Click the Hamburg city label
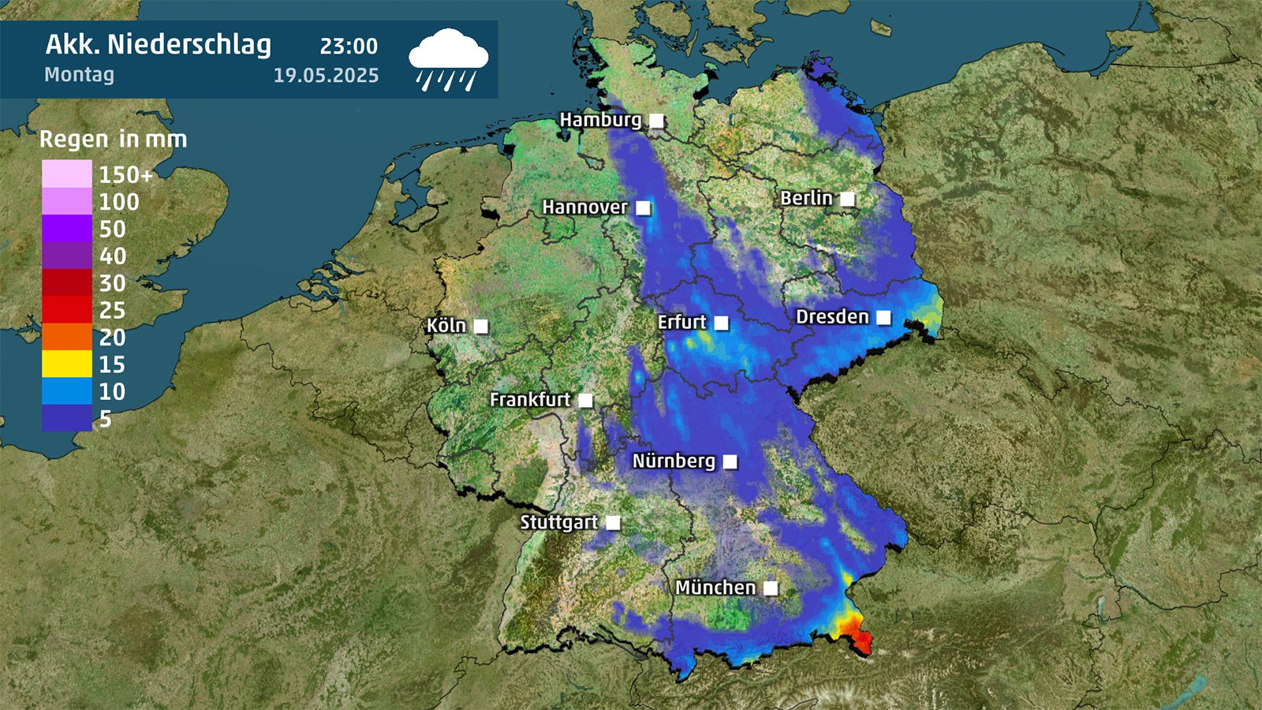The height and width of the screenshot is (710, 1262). coord(600,120)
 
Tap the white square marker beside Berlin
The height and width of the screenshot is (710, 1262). coord(847,199)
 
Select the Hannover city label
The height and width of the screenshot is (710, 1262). coord(584,207)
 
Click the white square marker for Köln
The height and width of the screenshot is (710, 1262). coord(480,327)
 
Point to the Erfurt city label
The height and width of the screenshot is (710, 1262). coord(681,322)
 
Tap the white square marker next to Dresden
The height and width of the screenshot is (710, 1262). coord(883,318)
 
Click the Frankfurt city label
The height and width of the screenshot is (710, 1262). coord(529,400)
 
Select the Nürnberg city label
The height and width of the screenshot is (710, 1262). coord(674,461)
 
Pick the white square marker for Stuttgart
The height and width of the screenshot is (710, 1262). coord(613,523)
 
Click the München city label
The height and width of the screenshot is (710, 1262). coord(715,588)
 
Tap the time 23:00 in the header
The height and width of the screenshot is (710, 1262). coord(349,47)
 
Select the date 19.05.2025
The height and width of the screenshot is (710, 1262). coord(326,76)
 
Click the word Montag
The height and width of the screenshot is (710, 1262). coord(79,75)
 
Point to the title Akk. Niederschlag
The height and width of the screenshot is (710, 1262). coord(158,45)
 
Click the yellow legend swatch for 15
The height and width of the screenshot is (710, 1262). coord(67,364)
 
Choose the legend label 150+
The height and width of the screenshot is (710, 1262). coord(125,174)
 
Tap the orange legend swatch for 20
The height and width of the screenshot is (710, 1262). coord(67,337)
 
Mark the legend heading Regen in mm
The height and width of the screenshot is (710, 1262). coord(114,140)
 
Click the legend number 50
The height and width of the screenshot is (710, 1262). coord(112,229)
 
